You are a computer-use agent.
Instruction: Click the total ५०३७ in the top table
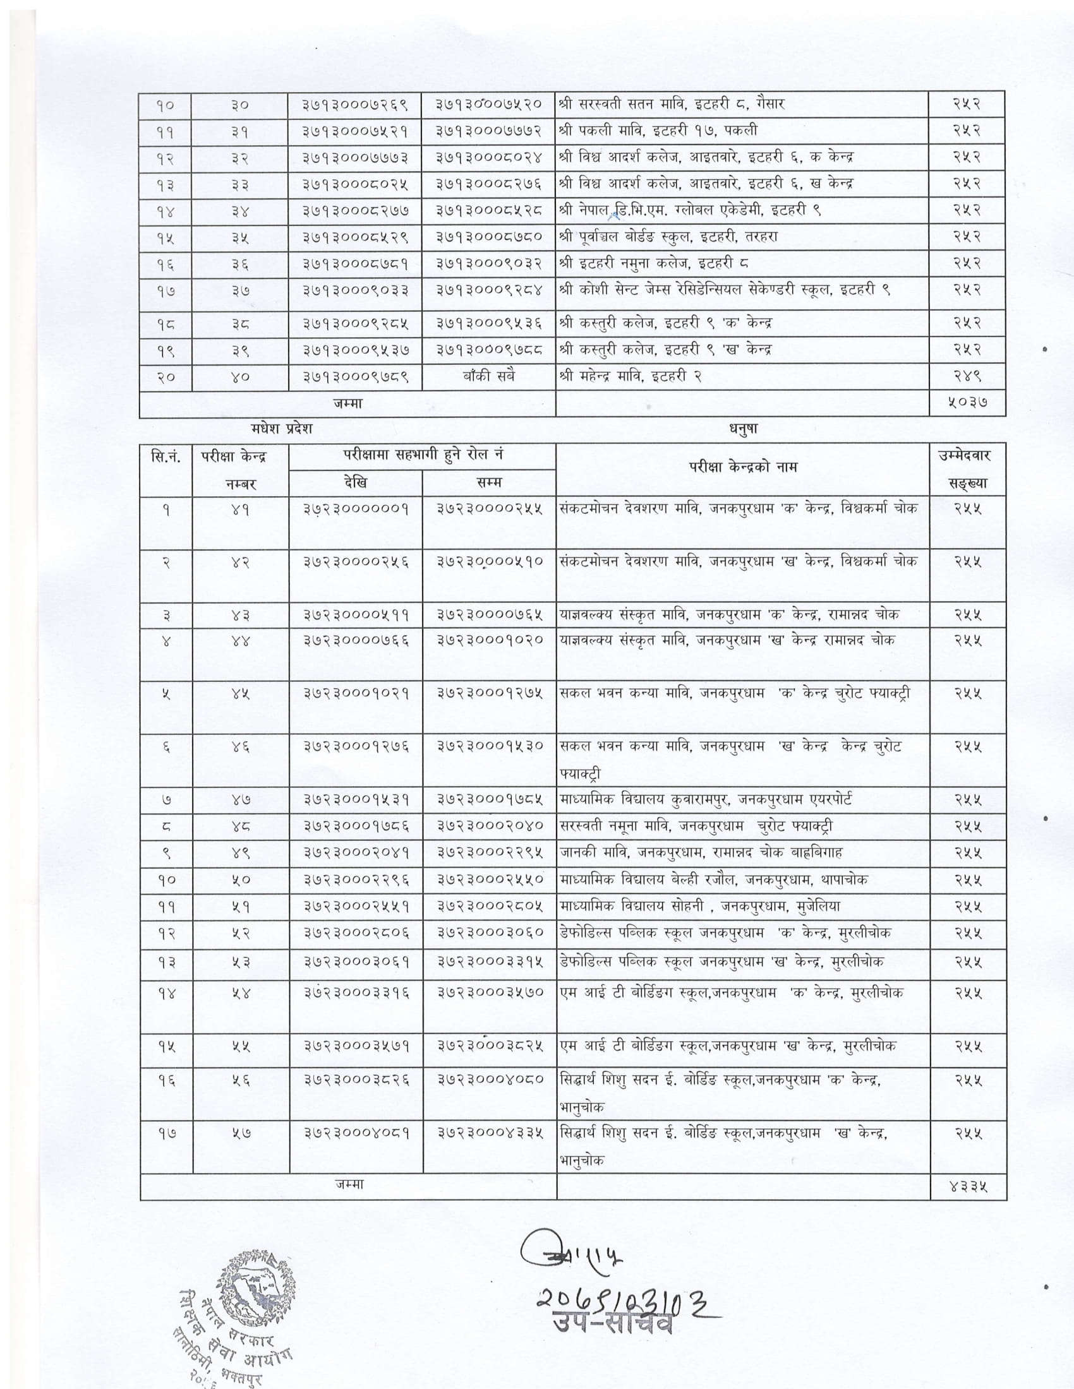pyautogui.click(x=967, y=403)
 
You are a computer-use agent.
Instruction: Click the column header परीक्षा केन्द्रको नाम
pyautogui.click(x=742, y=467)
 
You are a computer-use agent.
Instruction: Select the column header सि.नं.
pyautogui.click(x=166, y=456)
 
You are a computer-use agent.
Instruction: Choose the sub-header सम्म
pyautogui.click(x=488, y=483)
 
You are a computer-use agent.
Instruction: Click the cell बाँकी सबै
pyautogui.click(x=488, y=376)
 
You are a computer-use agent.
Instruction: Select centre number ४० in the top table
pyautogui.click(x=240, y=376)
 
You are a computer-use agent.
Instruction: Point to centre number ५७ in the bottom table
pyautogui.click(x=240, y=1133)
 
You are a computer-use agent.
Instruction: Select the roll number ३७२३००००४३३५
pyautogui.click(x=488, y=1133)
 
